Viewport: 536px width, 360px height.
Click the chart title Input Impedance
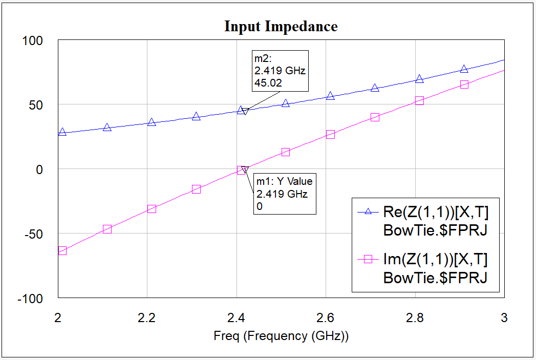click(281, 27)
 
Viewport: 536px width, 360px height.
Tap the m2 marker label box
click(280, 71)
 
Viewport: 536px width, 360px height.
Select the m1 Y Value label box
click(285, 194)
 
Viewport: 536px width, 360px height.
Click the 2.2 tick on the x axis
click(147, 317)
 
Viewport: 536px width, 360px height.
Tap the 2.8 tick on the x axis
click(415, 317)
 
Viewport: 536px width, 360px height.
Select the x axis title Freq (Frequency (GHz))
click(281, 336)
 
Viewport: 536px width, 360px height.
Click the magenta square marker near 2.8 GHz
click(419, 101)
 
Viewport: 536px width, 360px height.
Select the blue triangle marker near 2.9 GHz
click(464, 69)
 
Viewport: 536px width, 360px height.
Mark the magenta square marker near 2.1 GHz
click(107, 229)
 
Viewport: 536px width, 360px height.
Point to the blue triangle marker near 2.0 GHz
click(62, 132)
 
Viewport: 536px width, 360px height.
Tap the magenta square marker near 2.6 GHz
click(330, 135)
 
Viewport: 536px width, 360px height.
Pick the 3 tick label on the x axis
click(504, 317)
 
